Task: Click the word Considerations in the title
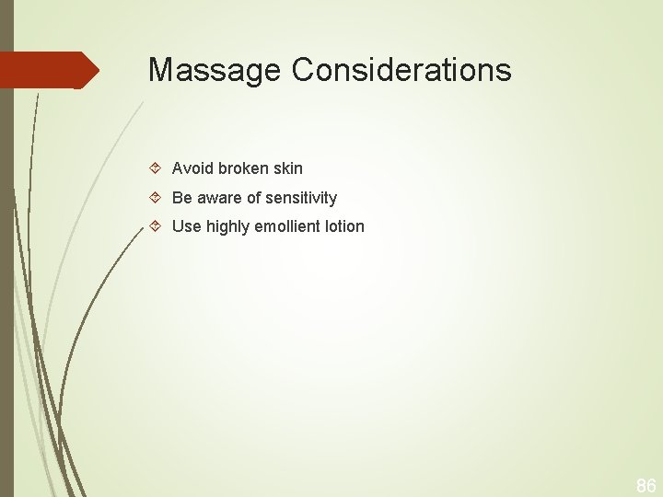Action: pos(401,70)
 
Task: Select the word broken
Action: pos(245,168)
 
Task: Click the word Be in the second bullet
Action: pos(181,198)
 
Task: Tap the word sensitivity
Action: pos(301,198)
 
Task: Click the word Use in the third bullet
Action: pos(186,226)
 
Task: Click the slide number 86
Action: pos(646,485)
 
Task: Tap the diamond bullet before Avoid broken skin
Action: pos(156,168)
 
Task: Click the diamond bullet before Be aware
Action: pos(156,198)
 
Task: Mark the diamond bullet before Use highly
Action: pos(156,226)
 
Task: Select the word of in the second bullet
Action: pos(254,198)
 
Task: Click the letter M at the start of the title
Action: pos(161,70)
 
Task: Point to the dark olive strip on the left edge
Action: pos(6,276)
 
